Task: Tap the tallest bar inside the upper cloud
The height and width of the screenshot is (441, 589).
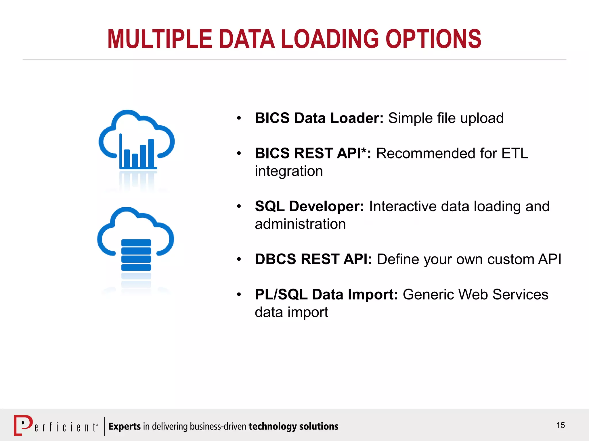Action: [x=151, y=153]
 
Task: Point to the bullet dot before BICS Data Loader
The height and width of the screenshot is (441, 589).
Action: [x=239, y=118]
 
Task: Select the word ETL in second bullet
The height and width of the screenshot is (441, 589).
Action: [x=515, y=153]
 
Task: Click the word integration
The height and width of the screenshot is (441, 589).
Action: [x=289, y=171]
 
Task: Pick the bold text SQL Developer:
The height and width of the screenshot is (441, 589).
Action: [x=309, y=206]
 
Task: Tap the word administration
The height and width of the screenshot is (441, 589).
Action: [x=300, y=224]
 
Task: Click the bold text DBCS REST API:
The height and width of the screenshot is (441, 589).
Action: [x=313, y=259]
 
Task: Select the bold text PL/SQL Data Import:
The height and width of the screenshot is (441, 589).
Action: [x=326, y=295]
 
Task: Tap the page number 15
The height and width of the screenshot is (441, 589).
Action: [x=561, y=425]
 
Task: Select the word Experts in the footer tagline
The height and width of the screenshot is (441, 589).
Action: [x=124, y=426]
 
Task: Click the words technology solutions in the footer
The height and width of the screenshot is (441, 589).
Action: [x=293, y=426]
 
